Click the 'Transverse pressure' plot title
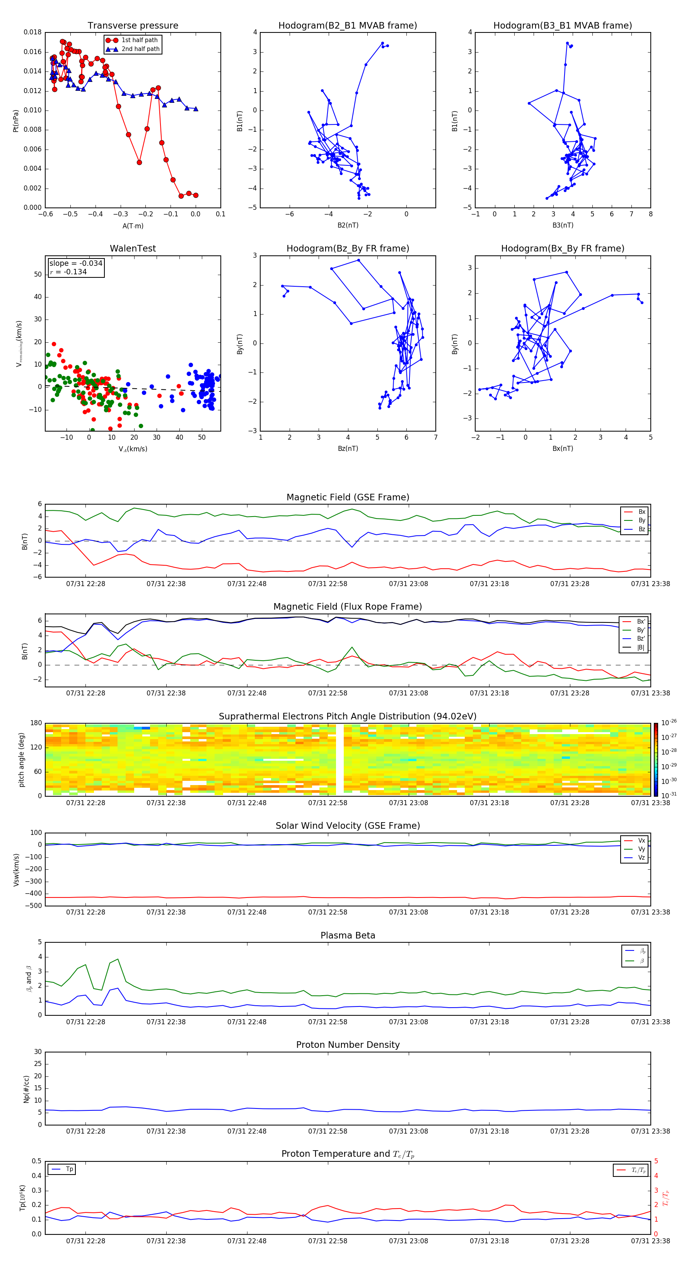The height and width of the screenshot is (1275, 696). (133, 26)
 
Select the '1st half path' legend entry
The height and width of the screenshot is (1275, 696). (139, 40)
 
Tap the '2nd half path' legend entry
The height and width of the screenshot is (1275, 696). (140, 49)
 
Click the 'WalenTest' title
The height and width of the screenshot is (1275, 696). (133, 248)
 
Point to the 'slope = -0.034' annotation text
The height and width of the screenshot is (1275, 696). (76, 263)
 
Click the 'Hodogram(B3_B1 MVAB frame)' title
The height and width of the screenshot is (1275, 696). (562, 26)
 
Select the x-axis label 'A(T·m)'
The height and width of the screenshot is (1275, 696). (133, 226)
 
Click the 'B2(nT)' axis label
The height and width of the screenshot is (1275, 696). (348, 225)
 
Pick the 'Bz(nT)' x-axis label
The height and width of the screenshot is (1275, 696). (348, 449)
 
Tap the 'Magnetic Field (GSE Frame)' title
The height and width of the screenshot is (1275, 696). (348, 497)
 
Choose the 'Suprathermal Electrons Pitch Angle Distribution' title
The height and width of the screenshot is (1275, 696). (348, 716)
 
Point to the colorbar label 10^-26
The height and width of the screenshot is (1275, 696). (668, 722)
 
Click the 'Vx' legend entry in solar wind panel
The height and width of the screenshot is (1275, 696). (641, 840)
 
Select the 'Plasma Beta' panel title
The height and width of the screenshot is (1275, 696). (348, 935)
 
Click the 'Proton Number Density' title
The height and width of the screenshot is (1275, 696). (348, 1045)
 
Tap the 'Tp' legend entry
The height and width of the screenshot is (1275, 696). (69, 1169)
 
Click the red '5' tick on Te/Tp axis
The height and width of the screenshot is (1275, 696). (656, 1161)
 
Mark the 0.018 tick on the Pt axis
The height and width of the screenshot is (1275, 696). (33, 33)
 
